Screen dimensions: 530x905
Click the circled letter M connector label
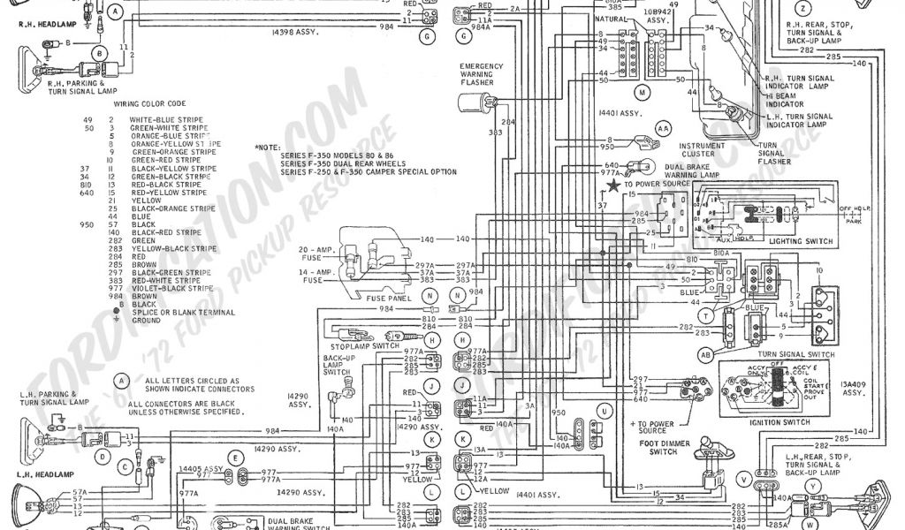click(643, 92)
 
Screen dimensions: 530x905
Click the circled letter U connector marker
click(605, 411)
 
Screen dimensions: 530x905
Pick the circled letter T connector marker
click(706, 314)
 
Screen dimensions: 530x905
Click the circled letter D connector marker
click(104, 458)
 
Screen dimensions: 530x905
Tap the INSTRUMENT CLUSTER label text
click(703, 150)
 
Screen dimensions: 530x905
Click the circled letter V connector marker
click(745, 481)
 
